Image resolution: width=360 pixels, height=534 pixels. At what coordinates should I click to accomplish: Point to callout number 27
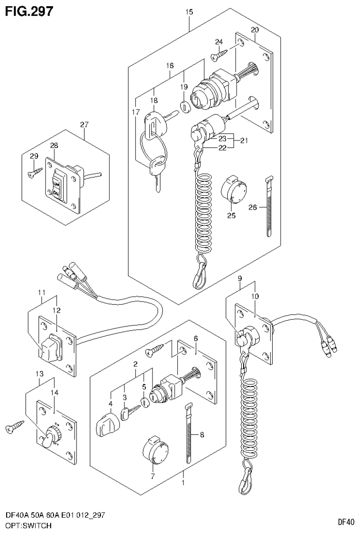point(84,124)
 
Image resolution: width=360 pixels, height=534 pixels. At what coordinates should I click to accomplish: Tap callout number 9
point(239,279)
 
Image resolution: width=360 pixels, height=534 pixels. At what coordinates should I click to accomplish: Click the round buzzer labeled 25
point(231,188)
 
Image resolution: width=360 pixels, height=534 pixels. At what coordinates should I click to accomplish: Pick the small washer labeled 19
point(185,107)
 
